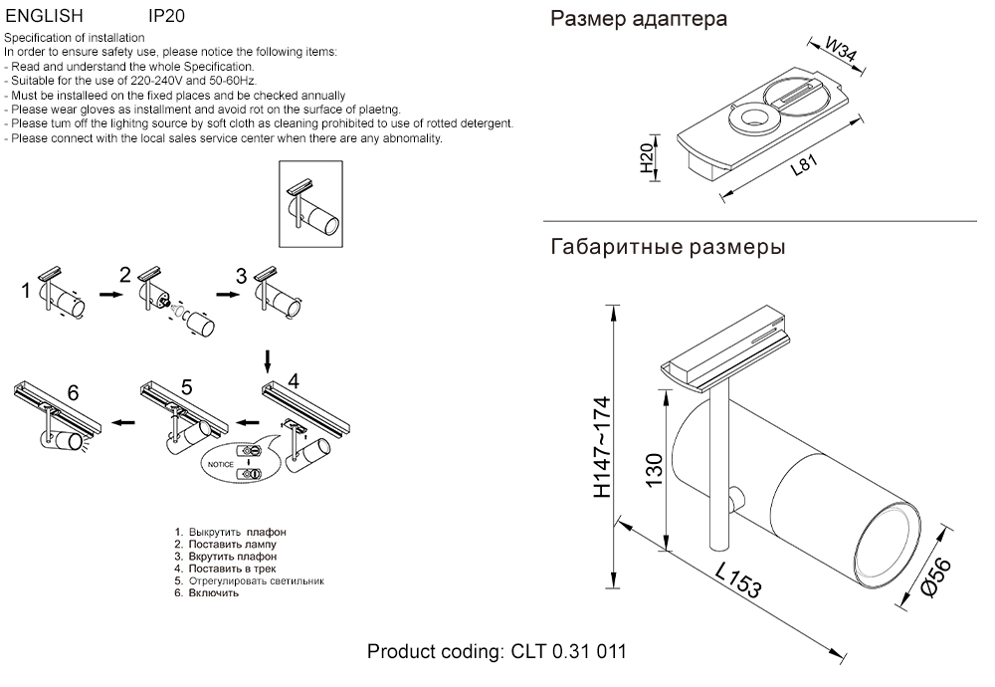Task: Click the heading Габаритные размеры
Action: click(667, 247)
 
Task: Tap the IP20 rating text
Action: click(165, 17)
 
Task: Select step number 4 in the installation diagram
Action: click(293, 380)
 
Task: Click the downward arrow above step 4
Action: click(267, 356)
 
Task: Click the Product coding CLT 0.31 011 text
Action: click(497, 653)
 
